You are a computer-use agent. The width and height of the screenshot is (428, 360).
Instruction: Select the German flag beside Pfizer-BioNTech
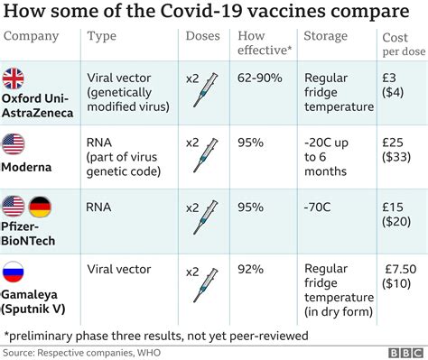(x=42, y=208)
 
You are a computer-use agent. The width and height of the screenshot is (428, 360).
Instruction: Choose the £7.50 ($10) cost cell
(x=398, y=277)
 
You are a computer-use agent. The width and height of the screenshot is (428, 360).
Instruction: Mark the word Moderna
(x=30, y=168)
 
